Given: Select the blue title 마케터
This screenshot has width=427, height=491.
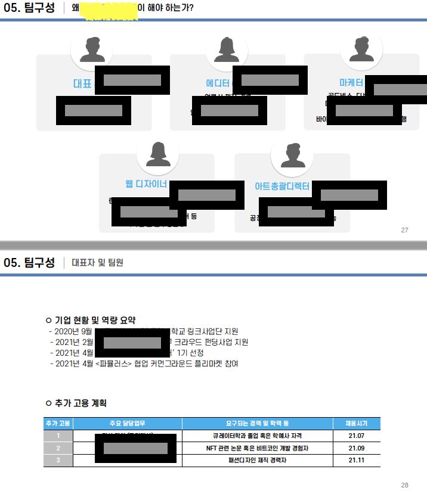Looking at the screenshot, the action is pyautogui.click(x=351, y=82).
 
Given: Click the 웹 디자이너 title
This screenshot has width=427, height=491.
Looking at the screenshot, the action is pyautogui.click(x=146, y=184).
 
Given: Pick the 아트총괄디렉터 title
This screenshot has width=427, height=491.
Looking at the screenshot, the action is pyautogui.click(x=281, y=187).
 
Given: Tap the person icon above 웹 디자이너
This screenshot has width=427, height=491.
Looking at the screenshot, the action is pyautogui.click(x=157, y=154).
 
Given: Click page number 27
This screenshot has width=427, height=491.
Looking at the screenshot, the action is pyautogui.click(x=404, y=230).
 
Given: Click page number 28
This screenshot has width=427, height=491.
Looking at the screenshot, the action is pyautogui.click(x=404, y=485).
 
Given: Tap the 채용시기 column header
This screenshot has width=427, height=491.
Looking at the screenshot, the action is pyautogui.click(x=356, y=424).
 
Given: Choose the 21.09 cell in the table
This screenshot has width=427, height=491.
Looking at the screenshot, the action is pyautogui.click(x=356, y=448).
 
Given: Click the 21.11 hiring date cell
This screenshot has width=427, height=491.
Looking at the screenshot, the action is pyautogui.click(x=356, y=460).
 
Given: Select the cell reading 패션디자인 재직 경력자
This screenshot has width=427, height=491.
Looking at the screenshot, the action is pyautogui.click(x=257, y=460).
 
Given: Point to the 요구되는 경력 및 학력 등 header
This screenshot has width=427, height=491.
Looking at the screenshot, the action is pyautogui.click(x=257, y=424).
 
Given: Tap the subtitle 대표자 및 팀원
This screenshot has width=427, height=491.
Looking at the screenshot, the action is pyautogui.click(x=97, y=263).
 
